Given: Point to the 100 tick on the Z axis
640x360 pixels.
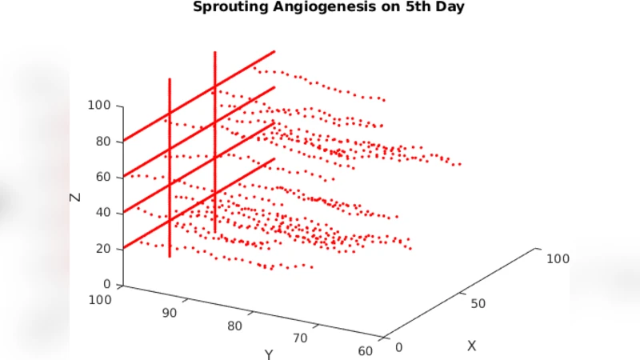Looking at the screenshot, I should pos(100,106).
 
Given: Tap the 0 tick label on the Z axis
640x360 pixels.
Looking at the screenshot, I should pos(106,284).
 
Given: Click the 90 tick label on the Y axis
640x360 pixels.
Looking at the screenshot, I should pos(169,313).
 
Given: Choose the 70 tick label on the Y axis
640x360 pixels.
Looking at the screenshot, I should pos(300,338).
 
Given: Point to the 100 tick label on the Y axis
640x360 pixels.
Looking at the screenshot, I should pos(102,300).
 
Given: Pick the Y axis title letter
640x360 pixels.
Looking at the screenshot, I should pos(269,354).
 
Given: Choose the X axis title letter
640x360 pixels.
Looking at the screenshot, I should pos(472,346).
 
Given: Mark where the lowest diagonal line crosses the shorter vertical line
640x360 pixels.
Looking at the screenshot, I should pos(170,220).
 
